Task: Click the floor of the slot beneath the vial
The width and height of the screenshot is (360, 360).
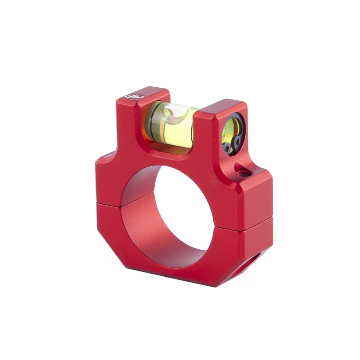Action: (175, 151)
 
